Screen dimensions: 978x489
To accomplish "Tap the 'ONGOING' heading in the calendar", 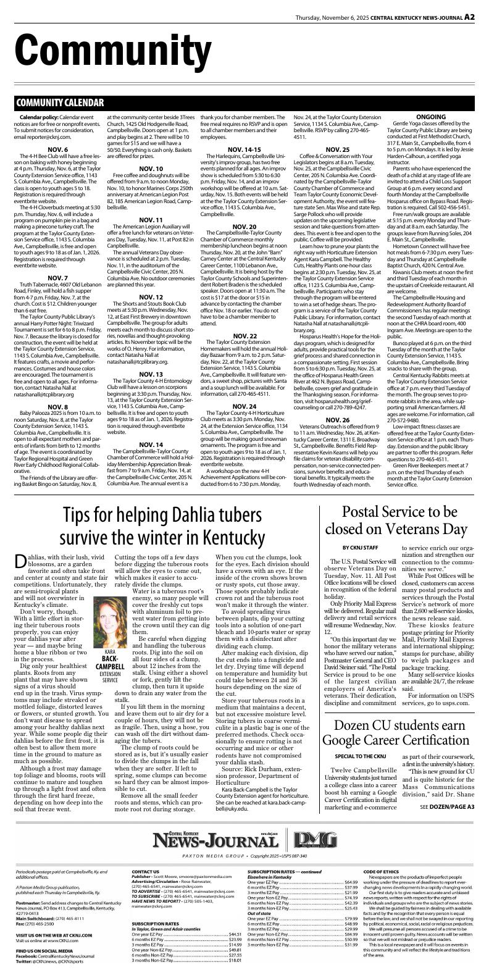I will [x=431, y=117].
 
